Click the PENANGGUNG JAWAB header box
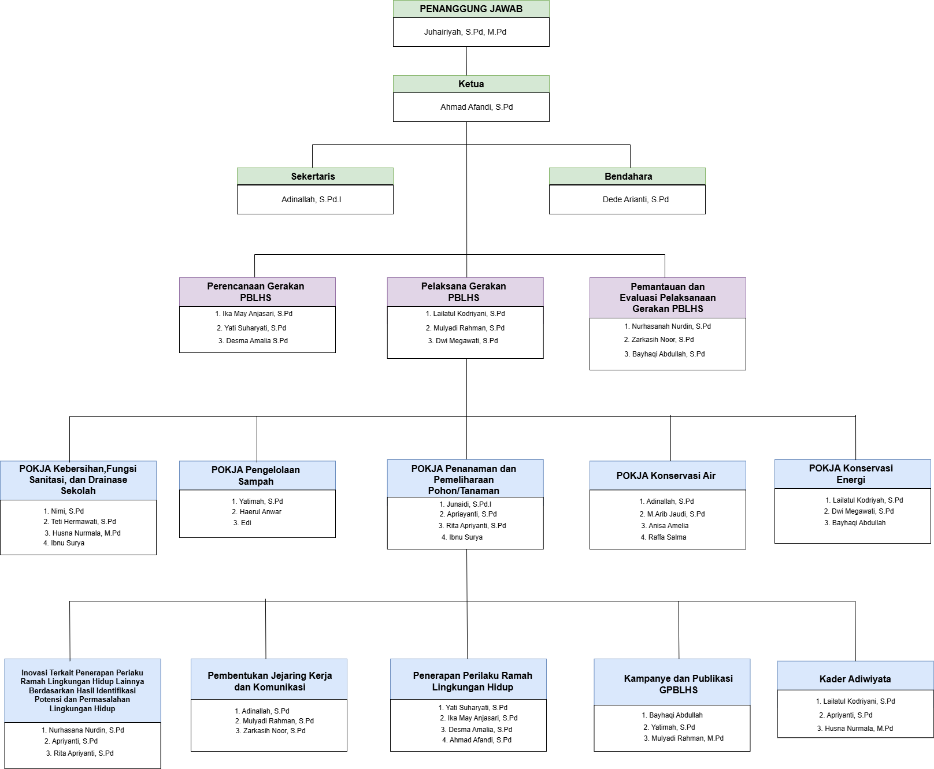pos(471,9)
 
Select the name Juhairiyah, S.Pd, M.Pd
pos(465,32)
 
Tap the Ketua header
pos(471,84)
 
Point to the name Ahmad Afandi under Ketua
pos(476,107)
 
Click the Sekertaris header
pos(313,176)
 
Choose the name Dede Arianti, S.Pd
pos(635,199)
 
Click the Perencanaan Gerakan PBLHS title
pos(256,292)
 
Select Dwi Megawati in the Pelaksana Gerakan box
pos(466,341)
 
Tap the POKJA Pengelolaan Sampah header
pos(256,475)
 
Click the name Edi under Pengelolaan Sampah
pos(246,523)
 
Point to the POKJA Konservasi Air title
pos(666,475)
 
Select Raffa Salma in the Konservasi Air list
pos(667,537)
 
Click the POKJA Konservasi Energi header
pos(851,474)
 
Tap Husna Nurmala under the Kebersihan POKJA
pos(86,533)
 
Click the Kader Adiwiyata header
pos(855,679)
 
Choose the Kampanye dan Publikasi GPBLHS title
pos(678,684)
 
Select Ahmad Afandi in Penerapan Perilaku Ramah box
pos(480,740)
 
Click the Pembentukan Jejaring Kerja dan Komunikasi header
pos(270,681)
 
